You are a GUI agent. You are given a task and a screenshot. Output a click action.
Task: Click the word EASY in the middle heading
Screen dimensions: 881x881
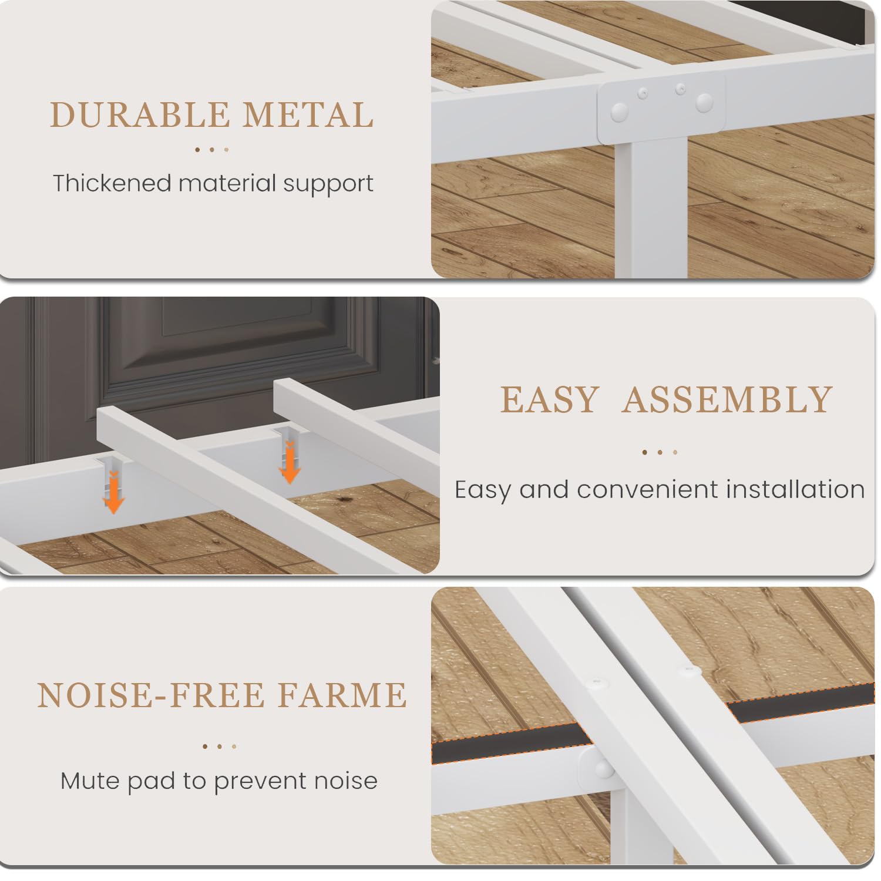click(x=549, y=400)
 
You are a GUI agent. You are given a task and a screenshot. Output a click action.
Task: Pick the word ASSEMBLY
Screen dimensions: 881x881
click(x=727, y=400)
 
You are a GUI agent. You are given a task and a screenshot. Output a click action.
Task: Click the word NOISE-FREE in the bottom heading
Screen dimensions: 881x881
click(x=150, y=695)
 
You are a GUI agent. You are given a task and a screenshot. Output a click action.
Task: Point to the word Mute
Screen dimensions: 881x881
click(x=88, y=781)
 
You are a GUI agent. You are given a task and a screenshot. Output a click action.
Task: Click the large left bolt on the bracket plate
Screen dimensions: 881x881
click(x=618, y=112)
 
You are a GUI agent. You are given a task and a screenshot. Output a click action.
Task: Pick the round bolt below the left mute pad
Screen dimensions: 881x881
click(x=601, y=769)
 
